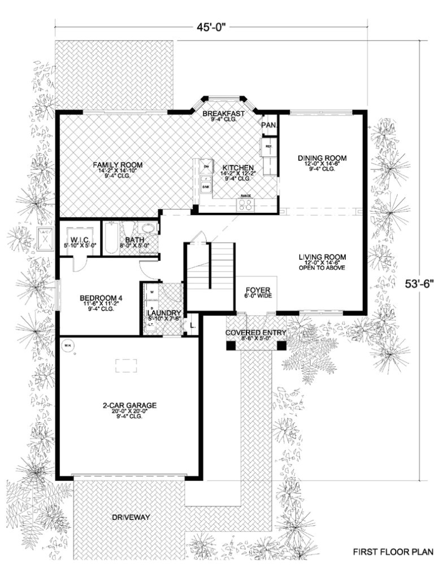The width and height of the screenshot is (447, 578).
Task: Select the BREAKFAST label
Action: point(223,113)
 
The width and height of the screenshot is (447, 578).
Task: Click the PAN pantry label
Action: point(268,125)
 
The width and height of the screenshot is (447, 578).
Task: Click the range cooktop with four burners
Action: point(246,204)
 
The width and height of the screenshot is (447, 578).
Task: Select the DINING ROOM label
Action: point(322,158)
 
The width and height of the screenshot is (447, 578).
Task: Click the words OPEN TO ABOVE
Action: point(322,268)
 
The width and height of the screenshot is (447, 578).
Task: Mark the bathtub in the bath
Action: point(110,239)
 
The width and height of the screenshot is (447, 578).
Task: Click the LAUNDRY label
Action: point(163,313)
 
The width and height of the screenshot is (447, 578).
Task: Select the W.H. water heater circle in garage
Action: point(67,345)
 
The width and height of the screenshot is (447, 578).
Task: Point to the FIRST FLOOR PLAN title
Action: point(393,551)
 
